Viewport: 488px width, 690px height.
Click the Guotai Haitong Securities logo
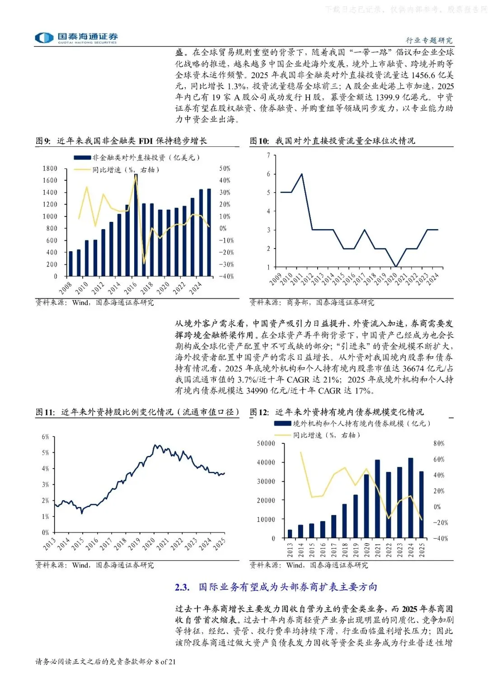pyautogui.click(x=76, y=38)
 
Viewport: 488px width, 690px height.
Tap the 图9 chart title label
pyautogui.click(x=121, y=141)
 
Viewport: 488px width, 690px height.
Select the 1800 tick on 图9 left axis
pyautogui.click(x=50, y=169)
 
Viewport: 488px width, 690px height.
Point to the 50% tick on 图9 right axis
pyautogui.click(x=225, y=169)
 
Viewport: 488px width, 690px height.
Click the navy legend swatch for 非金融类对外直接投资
pyautogui.click(x=82, y=158)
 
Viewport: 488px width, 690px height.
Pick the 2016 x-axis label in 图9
pyautogui.click(x=131, y=287)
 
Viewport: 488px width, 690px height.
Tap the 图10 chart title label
pyautogui.click(x=332, y=141)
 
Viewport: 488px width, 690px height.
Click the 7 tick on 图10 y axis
pyautogui.click(x=268, y=155)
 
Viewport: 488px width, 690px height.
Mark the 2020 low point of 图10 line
pyautogui.click(x=396, y=267)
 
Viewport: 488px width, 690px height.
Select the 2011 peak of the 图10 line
pyautogui.click(x=301, y=174)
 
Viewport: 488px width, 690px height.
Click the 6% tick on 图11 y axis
pyautogui.click(x=45, y=437)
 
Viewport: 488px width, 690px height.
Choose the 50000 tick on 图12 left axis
pyautogui.click(x=266, y=444)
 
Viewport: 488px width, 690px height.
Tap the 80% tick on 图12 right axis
pyautogui.click(x=439, y=444)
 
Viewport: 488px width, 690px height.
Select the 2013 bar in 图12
pyautogui.click(x=290, y=534)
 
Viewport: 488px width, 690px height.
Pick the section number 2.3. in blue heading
pyautogui.click(x=182, y=587)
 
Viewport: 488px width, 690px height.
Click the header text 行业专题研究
pyautogui.click(x=429, y=41)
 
